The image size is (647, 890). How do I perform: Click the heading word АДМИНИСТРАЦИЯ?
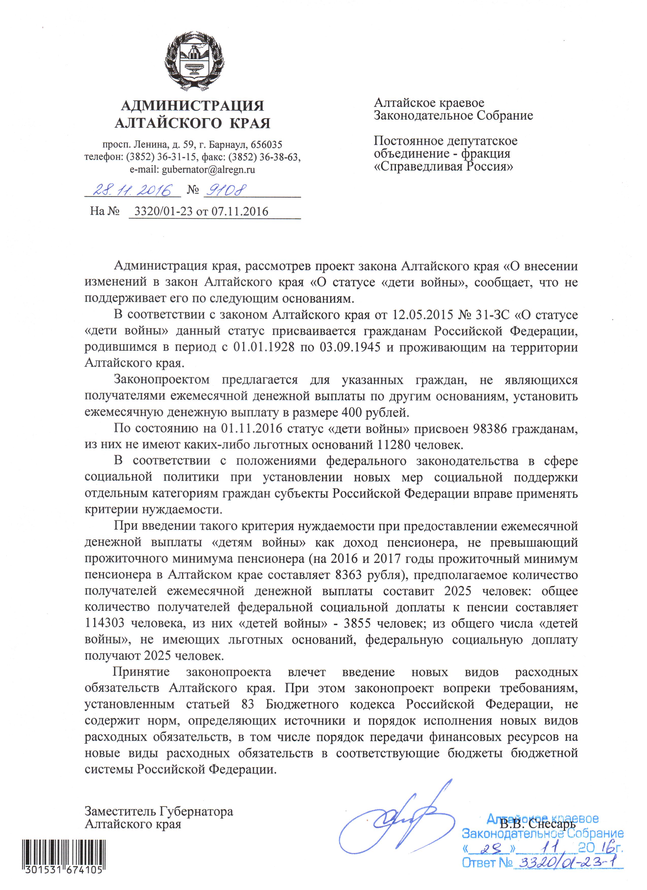[x=192, y=105]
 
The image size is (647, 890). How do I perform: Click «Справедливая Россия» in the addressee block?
[x=443, y=166]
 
